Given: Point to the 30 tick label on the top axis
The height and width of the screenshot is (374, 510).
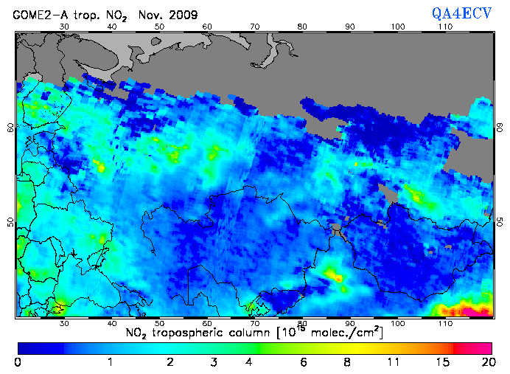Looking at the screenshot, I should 63,27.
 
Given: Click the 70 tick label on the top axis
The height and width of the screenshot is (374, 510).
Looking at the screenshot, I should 254,27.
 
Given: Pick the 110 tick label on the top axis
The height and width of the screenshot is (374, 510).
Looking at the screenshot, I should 445,27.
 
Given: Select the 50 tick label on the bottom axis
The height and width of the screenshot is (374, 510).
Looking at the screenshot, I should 159,324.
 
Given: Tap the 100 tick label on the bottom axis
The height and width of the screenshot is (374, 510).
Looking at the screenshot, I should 398,324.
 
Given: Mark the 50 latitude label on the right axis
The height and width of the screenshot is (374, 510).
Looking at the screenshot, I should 499,222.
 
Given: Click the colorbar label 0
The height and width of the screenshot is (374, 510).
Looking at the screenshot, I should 18,362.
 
